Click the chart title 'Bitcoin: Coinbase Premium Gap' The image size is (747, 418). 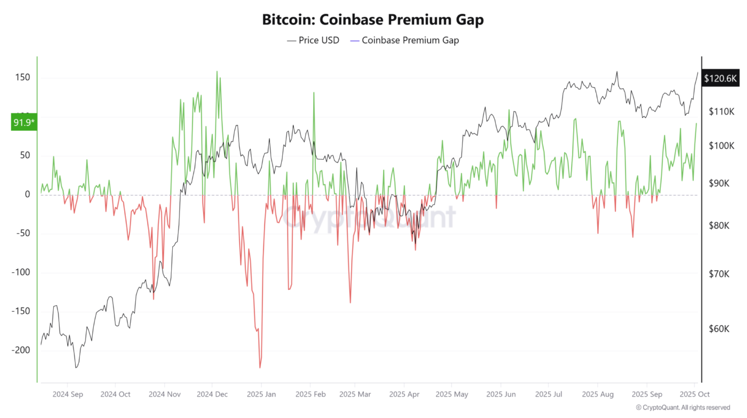pyautogui.click(x=373, y=20)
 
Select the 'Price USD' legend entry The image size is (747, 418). pyautogui.click(x=313, y=40)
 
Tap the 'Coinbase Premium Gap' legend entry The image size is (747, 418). pyautogui.click(x=404, y=40)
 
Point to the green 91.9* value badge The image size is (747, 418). pyautogui.click(x=24, y=122)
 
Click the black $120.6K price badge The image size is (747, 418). pyautogui.click(x=720, y=78)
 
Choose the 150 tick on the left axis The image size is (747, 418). pyautogui.click(x=22, y=77)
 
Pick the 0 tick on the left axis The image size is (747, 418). pyautogui.click(x=26, y=194)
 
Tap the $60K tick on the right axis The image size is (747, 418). pyautogui.click(x=718, y=329)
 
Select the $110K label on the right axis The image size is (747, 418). pyautogui.click(x=721, y=112)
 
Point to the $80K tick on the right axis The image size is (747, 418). pyautogui.click(x=718, y=226)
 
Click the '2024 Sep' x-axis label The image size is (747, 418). pyautogui.click(x=68, y=394)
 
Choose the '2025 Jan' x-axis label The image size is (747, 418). pyautogui.click(x=261, y=394)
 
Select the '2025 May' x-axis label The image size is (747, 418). pyautogui.click(x=452, y=394)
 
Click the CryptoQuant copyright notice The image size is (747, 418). pyautogui.click(x=683, y=408)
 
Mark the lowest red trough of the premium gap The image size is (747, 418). pyautogui.click(x=260, y=367)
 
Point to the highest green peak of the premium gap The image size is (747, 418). pyautogui.click(x=217, y=72)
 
